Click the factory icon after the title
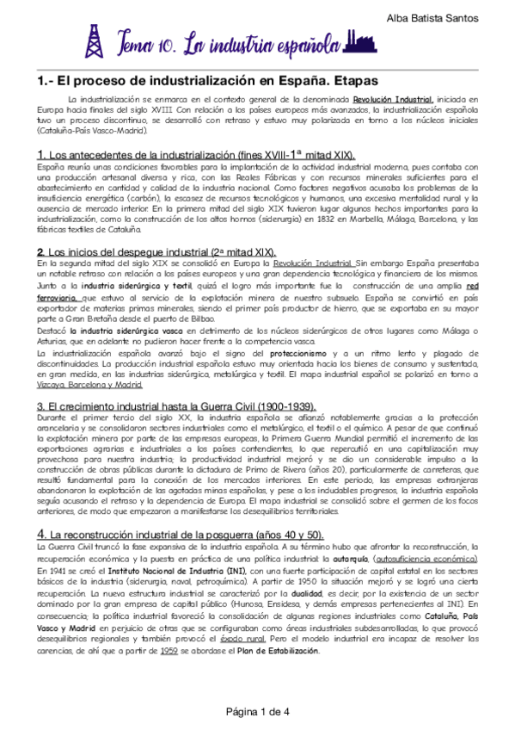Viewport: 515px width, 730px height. click(360, 40)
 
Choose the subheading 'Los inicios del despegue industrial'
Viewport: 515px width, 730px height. click(133, 251)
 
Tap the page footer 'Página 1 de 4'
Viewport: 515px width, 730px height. click(257, 712)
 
